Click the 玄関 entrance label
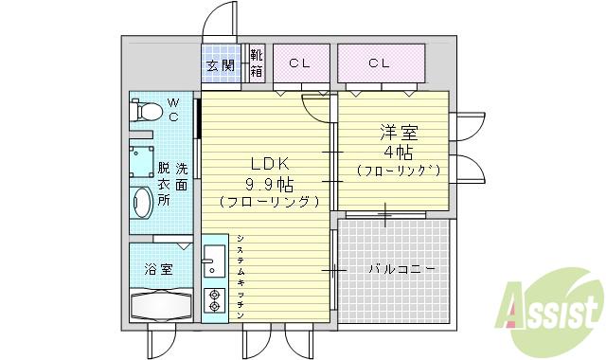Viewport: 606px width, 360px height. [x=222, y=66]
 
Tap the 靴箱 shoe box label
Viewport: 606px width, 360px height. [x=256, y=63]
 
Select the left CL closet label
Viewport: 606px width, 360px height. [x=300, y=63]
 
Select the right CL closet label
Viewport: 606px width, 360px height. [x=380, y=63]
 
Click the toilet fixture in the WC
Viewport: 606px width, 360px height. [x=147, y=112]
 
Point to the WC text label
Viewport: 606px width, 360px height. [x=173, y=110]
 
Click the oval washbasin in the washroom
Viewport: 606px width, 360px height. [x=143, y=204]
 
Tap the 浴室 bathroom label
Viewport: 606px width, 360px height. [x=158, y=268]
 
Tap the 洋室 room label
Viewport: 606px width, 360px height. [x=396, y=134]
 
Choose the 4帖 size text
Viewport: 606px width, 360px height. [x=396, y=153]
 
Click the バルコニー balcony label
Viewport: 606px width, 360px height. [x=401, y=270]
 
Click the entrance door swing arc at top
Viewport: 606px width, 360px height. [x=220, y=19]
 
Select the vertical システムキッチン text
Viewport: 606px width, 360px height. [x=241, y=274]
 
